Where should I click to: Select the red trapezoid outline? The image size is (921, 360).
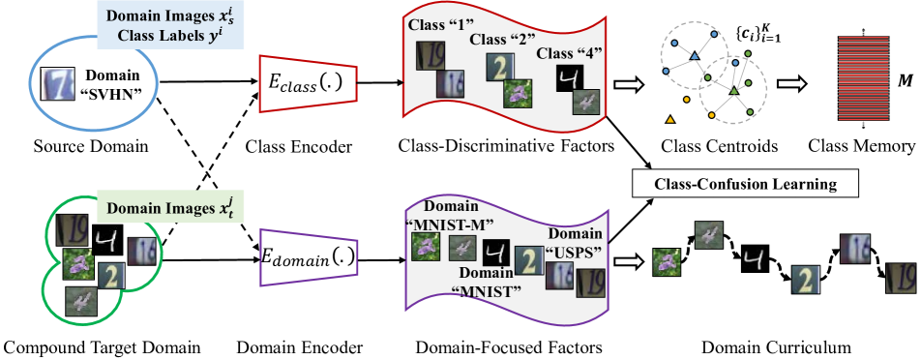coord(308,85)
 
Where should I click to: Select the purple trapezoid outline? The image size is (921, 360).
coord(309,256)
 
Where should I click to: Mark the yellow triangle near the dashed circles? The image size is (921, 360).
coord(668,119)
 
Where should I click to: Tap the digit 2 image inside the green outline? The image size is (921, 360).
coord(112,277)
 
